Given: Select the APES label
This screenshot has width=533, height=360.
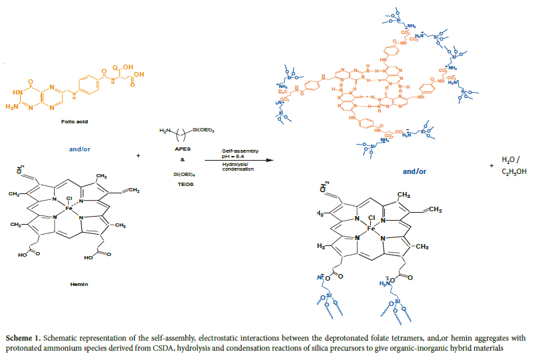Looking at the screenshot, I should (x=178, y=151).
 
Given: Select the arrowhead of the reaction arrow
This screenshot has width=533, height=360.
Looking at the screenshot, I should (x=272, y=161).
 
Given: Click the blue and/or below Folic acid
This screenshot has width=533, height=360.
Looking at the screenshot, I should (x=79, y=141).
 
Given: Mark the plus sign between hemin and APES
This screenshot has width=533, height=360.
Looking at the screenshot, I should (x=138, y=155).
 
